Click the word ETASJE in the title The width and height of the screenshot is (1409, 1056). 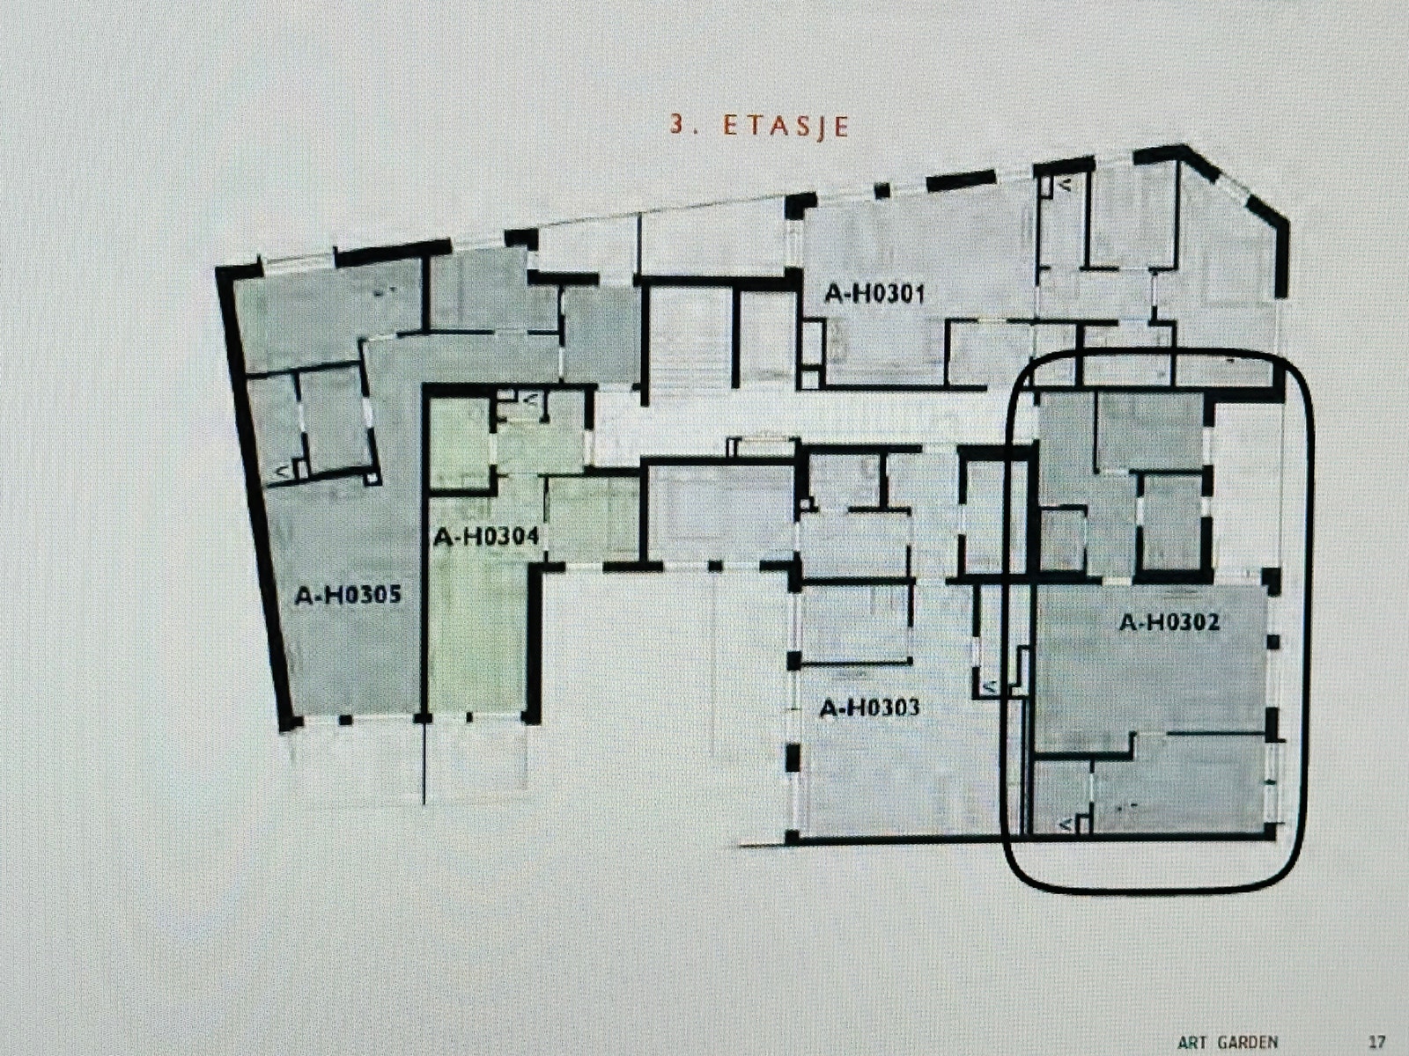click(786, 126)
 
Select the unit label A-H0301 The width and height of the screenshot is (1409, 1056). click(874, 294)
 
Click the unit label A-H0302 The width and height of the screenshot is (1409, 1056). click(1169, 623)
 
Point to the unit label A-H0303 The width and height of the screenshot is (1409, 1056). click(869, 708)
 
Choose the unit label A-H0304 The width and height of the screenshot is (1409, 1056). click(485, 537)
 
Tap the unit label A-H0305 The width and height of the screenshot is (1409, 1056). click(348, 596)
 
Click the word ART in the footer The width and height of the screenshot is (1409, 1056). click(1194, 1042)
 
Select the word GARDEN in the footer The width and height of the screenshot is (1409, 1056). click(1248, 1042)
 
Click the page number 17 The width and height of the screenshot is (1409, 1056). click(1377, 1042)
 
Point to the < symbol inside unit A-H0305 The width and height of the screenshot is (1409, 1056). click(282, 473)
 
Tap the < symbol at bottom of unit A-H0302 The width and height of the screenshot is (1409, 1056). click(1066, 825)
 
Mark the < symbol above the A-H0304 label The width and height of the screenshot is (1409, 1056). click(531, 399)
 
